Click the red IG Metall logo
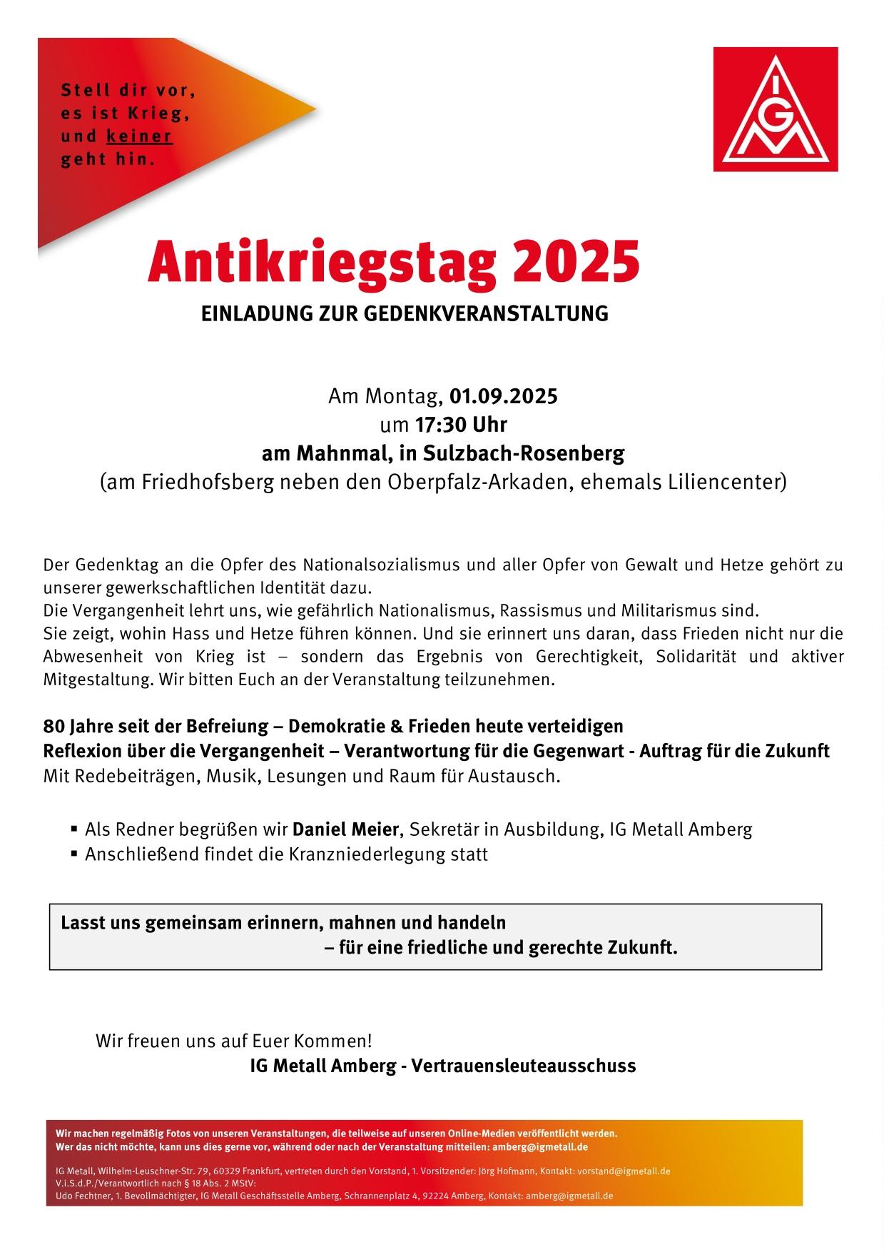coord(776,109)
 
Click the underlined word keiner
coord(139,136)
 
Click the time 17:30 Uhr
coord(461,425)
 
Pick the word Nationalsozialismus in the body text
coord(382,566)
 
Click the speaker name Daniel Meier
coord(345,829)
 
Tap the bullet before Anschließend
coord(73,854)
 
